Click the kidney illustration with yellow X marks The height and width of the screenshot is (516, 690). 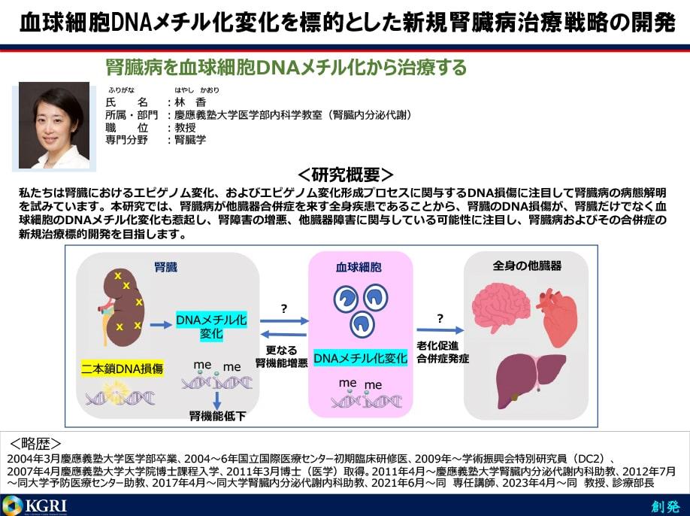point(122,308)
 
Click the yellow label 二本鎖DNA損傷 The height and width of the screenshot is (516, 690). point(122,368)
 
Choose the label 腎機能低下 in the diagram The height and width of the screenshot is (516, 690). point(217,416)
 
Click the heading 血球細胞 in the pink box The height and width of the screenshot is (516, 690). point(359,267)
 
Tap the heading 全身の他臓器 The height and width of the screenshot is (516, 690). point(527,266)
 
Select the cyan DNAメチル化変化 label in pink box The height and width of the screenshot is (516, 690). point(360,358)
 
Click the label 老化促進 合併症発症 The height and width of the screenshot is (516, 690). point(443,352)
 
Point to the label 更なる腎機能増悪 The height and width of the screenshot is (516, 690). point(281,357)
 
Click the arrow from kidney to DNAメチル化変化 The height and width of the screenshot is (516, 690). point(161,325)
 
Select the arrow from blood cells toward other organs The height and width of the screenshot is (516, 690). point(440,329)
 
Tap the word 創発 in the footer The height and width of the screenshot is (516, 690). point(666,506)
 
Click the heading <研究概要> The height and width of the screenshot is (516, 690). point(345,175)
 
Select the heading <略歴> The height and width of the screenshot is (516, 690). point(35,443)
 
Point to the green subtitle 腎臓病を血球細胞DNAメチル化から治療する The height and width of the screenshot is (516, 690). point(286,68)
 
